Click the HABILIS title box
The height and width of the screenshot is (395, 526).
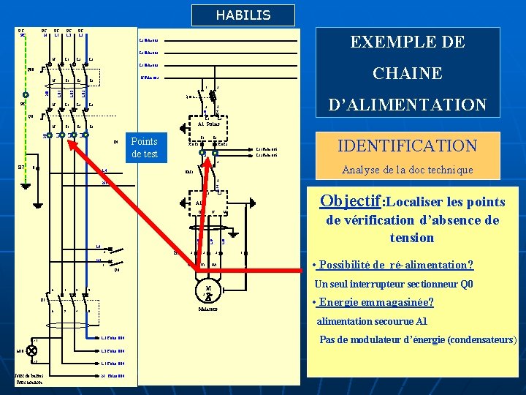pyautogui.click(x=243, y=15)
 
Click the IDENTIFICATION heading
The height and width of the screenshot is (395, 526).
pyautogui.click(x=407, y=146)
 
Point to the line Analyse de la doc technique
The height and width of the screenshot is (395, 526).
pyautogui.click(x=407, y=170)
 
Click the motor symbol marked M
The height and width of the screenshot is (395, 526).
pyautogui.click(x=209, y=291)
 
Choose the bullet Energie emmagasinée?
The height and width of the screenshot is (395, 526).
pyautogui.click(x=373, y=303)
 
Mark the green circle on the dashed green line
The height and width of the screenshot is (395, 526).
pyautogui.click(x=25, y=95)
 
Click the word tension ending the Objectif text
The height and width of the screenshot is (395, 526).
pyautogui.click(x=412, y=238)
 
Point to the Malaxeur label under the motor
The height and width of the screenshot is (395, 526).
pyautogui.click(x=210, y=308)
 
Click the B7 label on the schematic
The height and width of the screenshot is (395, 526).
pyautogui.click(x=22, y=167)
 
